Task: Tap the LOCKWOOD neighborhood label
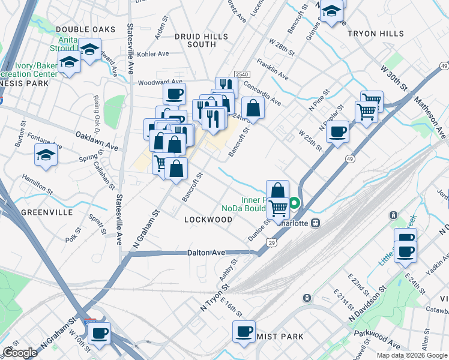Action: [208, 220]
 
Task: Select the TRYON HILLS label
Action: [376, 34]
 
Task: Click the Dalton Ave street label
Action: [206, 253]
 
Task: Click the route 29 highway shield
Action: [272, 242]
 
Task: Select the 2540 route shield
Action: [242, 73]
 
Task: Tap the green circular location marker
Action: [295, 203]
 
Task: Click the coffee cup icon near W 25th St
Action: [338, 131]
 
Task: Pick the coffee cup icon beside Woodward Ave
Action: [174, 94]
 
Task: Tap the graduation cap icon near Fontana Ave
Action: [46, 155]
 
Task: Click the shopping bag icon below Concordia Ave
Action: [253, 109]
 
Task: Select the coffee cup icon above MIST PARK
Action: [244, 331]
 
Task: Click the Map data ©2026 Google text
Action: [412, 355]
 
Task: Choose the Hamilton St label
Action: [37, 181]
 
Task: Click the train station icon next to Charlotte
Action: [315, 223]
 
